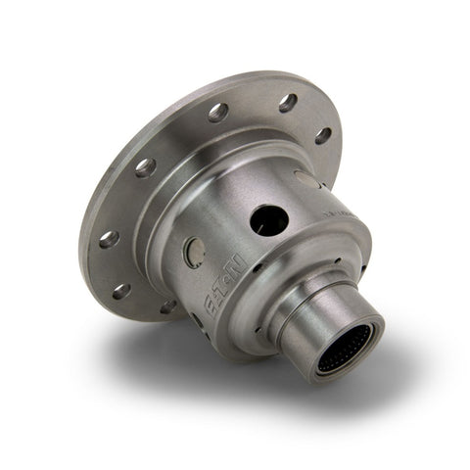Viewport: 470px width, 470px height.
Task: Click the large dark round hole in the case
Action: coord(266,221)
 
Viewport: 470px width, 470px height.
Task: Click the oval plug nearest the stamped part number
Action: coord(306,180)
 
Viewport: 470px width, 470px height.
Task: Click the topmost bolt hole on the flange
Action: coord(288,102)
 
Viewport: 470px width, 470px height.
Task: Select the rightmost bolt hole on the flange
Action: coord(322,135)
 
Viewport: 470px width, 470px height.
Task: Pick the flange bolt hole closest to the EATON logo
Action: coord(167,306)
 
